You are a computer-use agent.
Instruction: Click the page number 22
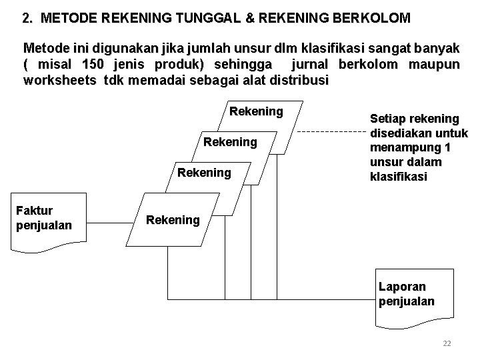(x=447, y=343)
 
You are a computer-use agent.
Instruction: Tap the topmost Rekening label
(x=256, y=111)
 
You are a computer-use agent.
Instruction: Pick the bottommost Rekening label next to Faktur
(x=173, y=220)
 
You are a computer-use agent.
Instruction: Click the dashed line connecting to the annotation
(x=330, y=132)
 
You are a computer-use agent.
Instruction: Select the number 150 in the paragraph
(x=92, y=65)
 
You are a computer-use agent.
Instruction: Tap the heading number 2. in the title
(x=27, y=19)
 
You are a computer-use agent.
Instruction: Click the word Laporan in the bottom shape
(x=402, y=287)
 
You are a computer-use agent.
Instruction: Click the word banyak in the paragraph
(x=437, y=49)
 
